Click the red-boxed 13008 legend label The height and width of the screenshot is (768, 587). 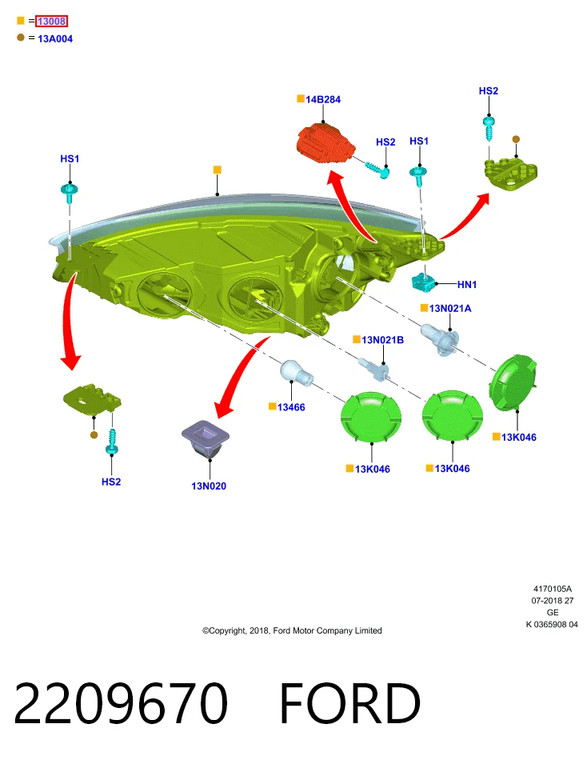51,21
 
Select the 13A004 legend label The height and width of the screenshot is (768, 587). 55,38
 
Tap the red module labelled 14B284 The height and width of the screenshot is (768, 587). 325,142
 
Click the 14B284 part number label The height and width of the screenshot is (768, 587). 323,99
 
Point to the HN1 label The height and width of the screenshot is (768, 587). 467,284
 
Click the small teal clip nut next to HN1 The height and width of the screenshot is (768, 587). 424,282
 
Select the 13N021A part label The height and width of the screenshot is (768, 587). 450,308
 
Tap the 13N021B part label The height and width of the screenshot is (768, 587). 382,340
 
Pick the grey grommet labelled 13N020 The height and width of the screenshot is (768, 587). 206,438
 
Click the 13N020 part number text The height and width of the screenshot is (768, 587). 209,486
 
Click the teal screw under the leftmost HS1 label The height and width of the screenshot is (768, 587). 70,192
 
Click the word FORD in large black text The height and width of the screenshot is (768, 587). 350,703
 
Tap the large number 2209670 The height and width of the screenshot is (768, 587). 121,703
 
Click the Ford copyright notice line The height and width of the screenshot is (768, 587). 292,631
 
